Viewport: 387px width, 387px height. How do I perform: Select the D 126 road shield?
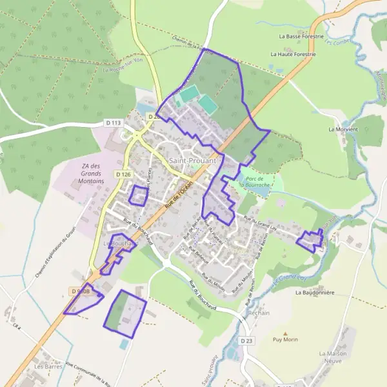point(123,174)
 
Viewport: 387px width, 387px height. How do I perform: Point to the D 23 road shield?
point(246,340)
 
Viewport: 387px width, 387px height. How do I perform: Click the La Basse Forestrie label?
point(301,37)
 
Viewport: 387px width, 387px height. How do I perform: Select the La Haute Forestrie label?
point(297,55)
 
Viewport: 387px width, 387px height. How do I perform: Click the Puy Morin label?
point(285,339)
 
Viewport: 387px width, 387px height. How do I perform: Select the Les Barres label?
point(48,366)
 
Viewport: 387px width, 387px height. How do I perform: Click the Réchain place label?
point(258,313)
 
